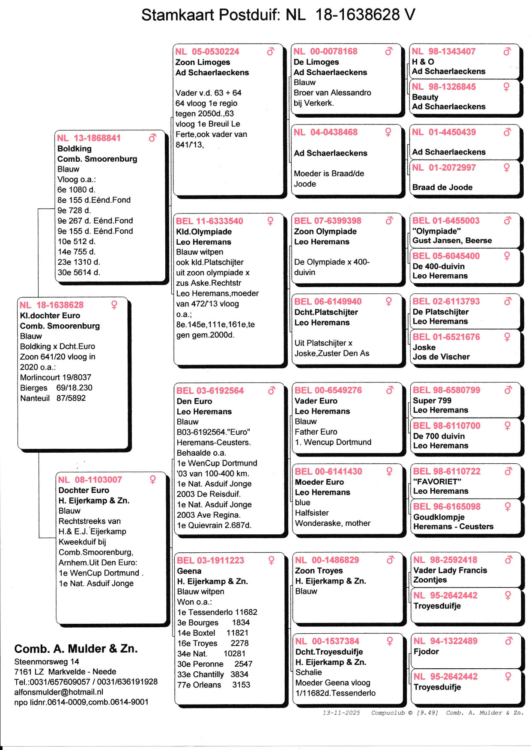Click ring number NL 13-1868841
pos(89,138)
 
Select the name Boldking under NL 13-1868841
pos(75,148)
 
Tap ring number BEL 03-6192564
pos(210,391)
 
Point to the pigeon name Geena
pos(189,571)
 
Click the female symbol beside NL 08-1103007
pos(152,480)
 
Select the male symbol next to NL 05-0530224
pos(270,52)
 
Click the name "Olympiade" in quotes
pos(436,231)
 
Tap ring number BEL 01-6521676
pos(446,337)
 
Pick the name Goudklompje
pos(439,517)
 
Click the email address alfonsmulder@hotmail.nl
pos(59,692)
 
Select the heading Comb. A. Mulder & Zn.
pos(76,649)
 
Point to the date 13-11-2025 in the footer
pos(341,713)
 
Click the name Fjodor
pos(426,651)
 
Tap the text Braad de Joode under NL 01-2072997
pos(442,187)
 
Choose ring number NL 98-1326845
pos(444,87)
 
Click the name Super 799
pos(432,400)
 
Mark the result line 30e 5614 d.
pos(79,272)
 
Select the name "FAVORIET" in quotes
pos(436,481)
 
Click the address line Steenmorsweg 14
pos(47,661)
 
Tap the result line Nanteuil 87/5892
pos(53,398)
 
